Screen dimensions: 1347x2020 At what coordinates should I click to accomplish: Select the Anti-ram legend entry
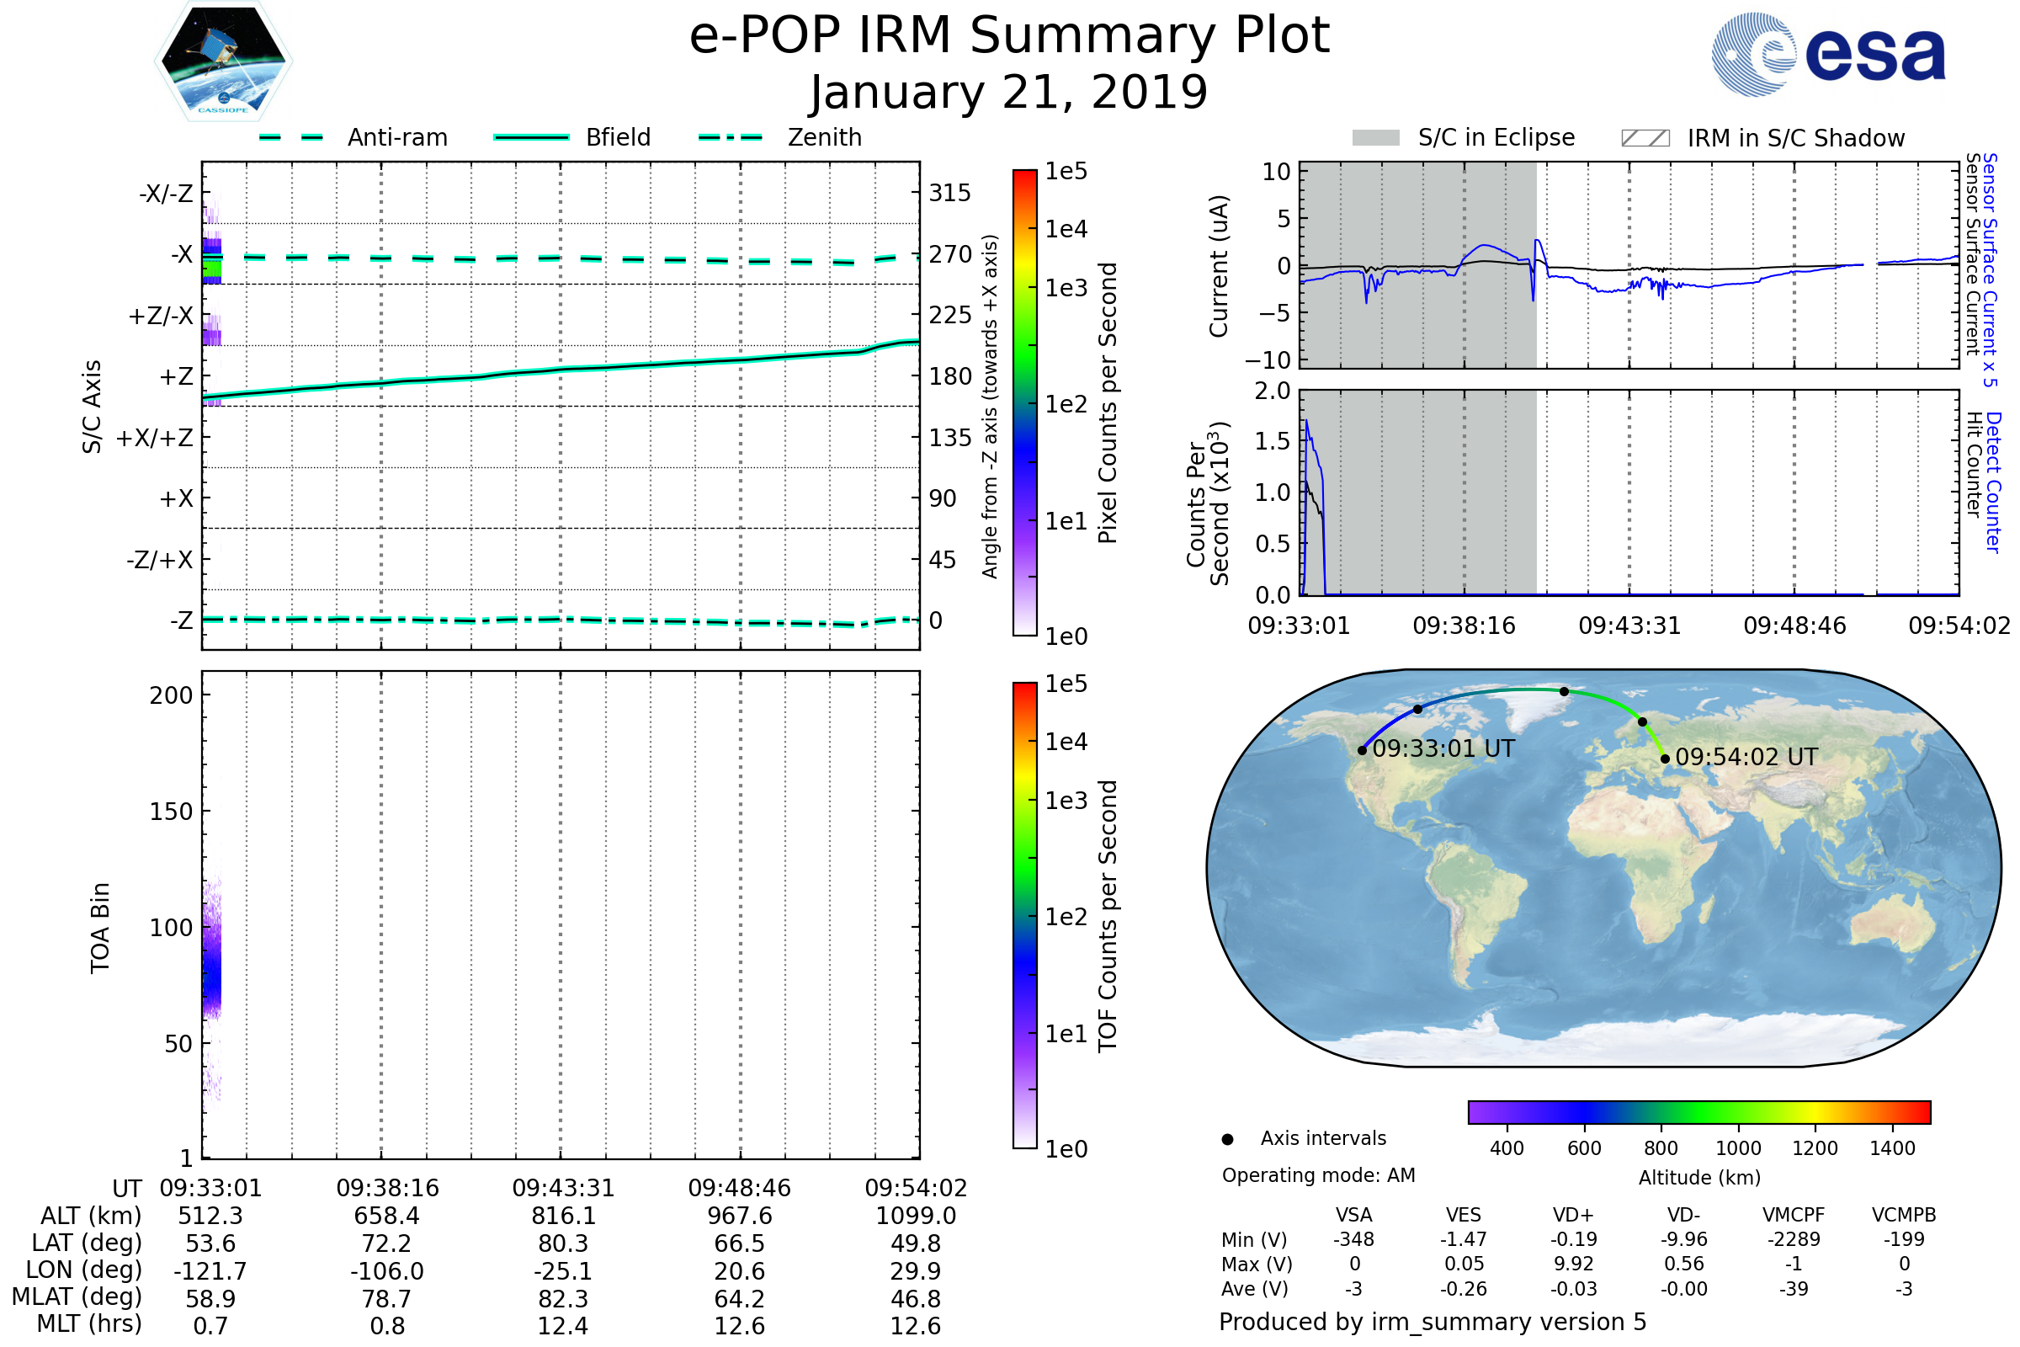pyautogui.click(x=353, y=137)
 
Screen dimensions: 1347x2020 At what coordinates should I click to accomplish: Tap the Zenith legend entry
pyautogui.click(x=780, y=137)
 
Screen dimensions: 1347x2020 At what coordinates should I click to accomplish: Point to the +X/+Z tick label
pyautogui.click(x=155, y=438)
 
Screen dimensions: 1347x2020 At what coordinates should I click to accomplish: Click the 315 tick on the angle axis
pyautogui.click(x=950, y=193)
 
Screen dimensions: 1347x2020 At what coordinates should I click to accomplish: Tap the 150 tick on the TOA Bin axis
pyautogui.click(x=171, y=812)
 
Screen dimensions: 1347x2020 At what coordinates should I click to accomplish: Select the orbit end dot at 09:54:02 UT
pyautogui.click(x=1666, y=759)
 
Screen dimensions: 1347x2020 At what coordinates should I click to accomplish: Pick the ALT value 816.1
pyautogui.click(x=562, y=1217)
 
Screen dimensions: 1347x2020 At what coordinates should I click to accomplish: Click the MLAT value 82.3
pyautogui.click(x=562, y=1299)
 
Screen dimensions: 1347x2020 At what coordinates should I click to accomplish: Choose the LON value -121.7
pyautogui.click(x=210, y=1271)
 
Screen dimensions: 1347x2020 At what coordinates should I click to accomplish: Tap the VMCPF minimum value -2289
pyautogui.click(x=1794, y=1239)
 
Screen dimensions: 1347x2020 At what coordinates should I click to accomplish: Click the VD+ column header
pyautogui.click(x=1573, y=1215)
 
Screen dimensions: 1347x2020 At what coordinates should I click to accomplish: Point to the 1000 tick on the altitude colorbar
pyautogui.click(x=1737, y=1148)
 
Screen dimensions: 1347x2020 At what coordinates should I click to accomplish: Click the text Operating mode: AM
pyautogui.click(x=1318, y=1175)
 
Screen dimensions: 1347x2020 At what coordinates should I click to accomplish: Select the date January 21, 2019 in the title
pyautogui.click(x=1009, y=92)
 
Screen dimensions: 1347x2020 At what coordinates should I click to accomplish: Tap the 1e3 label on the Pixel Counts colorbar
pyautogui.click(x=1066, y=288)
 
